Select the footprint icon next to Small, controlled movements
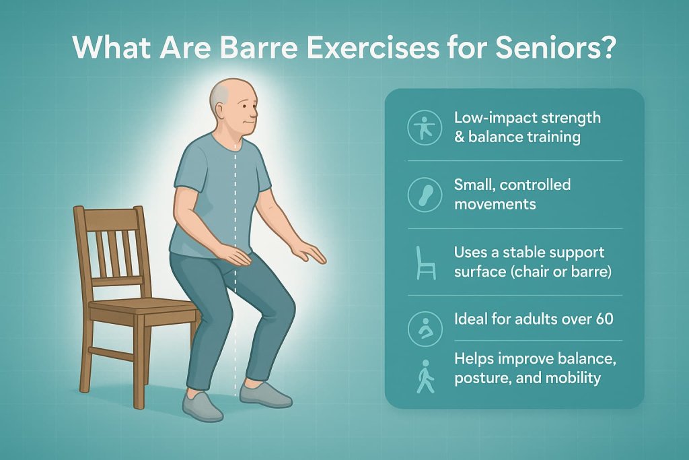tap(425, 194)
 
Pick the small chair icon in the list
tap(425, 262)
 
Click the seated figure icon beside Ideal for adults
tap(425, 328)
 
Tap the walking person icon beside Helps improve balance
tap(425, 376)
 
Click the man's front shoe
tap(265, 393)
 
